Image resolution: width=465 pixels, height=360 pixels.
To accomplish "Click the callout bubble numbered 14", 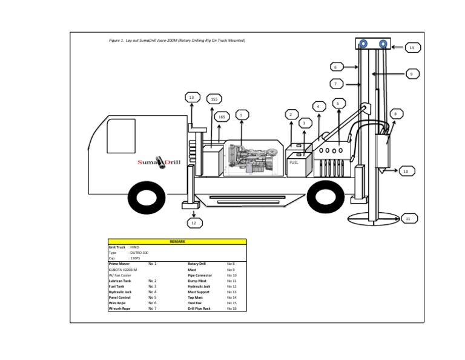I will (411, 47).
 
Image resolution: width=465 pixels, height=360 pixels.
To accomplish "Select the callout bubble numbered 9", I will (411, 73).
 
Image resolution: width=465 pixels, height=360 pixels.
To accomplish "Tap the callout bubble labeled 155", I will (214, 99).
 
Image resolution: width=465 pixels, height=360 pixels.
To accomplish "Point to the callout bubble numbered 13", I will (192, 97).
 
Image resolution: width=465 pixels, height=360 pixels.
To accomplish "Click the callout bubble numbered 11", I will (407, 218).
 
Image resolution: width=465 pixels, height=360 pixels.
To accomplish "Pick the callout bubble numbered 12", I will (194, 223).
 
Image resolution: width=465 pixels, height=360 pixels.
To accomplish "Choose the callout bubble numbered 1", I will (241, 114).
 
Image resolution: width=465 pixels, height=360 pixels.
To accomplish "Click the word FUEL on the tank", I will (294, 162).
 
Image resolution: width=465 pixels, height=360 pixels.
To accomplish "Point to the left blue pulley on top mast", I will (363, 44).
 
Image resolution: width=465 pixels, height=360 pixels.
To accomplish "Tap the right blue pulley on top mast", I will (383, 44).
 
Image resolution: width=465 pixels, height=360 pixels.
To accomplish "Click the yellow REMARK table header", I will (177, 241).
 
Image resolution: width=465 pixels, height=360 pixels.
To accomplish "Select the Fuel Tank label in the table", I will (116, 286).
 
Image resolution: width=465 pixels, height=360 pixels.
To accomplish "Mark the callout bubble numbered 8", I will (395, 113).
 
